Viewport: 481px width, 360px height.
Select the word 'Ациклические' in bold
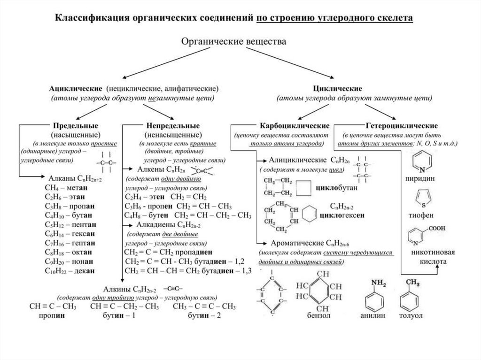[x=76, y=88]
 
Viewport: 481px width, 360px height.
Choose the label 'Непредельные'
[x=172, y=126]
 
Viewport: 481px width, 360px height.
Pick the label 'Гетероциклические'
[x=402, y=126]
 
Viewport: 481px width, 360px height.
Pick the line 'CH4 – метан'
[x=68, y=187]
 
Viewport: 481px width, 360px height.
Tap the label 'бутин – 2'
[x=204, y=316]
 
